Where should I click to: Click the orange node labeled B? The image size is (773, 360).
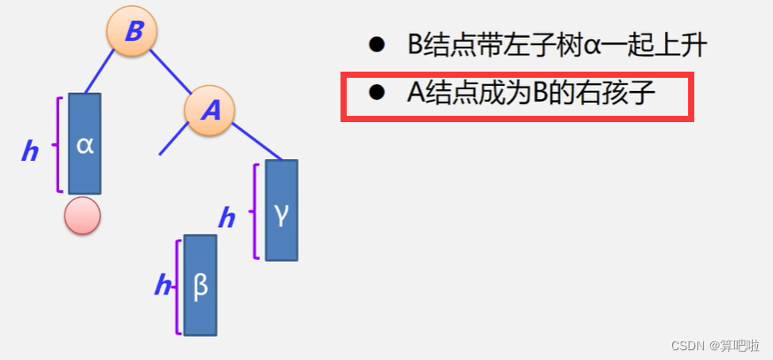click(132, 32)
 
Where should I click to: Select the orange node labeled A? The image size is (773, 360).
click(210, 111)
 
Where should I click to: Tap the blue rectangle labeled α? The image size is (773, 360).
click(85, 143)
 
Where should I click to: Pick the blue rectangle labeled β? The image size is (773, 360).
click(200, 285)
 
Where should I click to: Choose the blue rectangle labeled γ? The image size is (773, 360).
click(281, 211)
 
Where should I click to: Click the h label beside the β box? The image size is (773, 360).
click(162, 286)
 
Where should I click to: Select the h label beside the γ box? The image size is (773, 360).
click(226, 218)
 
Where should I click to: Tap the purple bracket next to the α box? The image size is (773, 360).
click(59, 143)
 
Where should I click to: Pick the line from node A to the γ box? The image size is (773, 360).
click(256, 142)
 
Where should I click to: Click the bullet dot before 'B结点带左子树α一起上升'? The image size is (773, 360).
click(377, 44)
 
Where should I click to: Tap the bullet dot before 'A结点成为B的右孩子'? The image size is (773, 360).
click(377, 92)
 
